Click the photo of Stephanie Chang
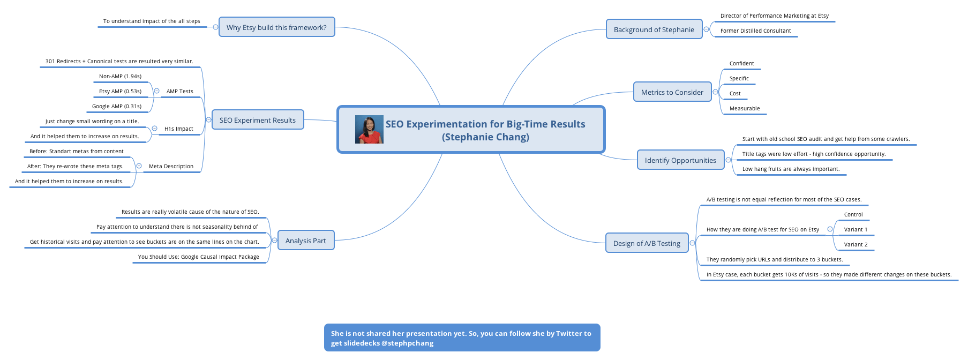[x=369, y=130]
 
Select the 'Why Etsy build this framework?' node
[x=277, y=27]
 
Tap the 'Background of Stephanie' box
[x=654, y=29]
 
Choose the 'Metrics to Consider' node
[x=672, y=92]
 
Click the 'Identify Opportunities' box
[x=680, y=160]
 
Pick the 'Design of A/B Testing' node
[x=647, y=243]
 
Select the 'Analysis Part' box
[x=306, y=241]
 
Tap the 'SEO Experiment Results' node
[x=258, y=120]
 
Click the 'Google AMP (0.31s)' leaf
[x=117, y=106]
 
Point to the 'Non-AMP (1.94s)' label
[x=121, y=76]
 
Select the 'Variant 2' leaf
[x=856, y=244]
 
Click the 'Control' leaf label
[x=853, y=214]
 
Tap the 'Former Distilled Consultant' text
[x=755, y=31]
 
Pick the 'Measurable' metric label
[x=745, y=108]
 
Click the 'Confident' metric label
[x=741, y=63]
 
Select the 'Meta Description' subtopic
[x=171, y=166]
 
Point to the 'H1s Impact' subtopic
[x=179, y=129]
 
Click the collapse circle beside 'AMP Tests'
[x=156, y=91]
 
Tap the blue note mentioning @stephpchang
[x=462, y=337]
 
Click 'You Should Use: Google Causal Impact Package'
[x=199, y=257]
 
